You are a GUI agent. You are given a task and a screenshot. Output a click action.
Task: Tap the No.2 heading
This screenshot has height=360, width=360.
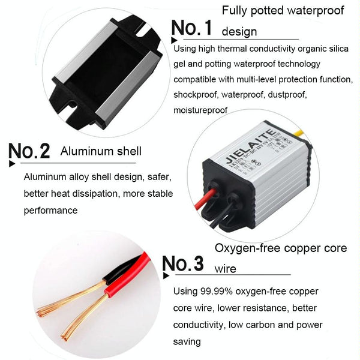tap(29, 151)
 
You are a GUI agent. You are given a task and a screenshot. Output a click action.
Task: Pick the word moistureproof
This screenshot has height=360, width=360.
tap(200, 110)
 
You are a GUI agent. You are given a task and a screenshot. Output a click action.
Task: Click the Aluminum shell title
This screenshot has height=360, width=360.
tap(101, 151)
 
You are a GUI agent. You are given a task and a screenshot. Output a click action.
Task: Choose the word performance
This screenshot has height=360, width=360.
tap(50, 211)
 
